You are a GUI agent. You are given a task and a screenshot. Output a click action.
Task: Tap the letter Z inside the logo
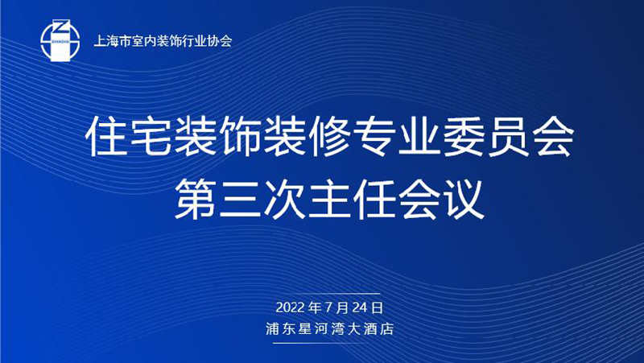60,27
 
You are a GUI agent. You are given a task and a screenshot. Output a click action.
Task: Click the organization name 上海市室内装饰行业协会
163,41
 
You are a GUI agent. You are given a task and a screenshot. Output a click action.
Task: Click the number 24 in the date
361,307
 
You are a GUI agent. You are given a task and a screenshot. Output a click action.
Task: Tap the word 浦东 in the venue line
280,329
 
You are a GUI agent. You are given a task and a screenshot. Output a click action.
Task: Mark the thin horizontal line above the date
327,294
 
